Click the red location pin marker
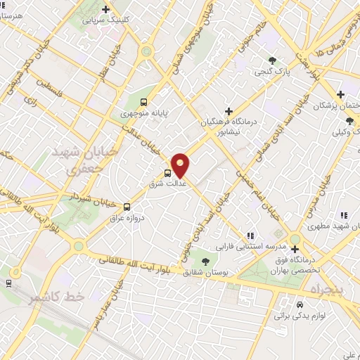[x=180, y=165]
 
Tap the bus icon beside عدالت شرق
[x=168, y=173]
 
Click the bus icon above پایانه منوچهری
[x=143, y=101]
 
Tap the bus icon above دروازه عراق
[x=127, y=207]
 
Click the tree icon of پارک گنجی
[x=272, y=59]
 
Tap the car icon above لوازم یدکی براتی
[x=300, y=305]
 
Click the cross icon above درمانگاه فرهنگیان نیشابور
[x=229, y=110]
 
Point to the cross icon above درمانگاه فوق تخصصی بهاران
[x=295, y=249]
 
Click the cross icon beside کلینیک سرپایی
[x=105, y=10]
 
